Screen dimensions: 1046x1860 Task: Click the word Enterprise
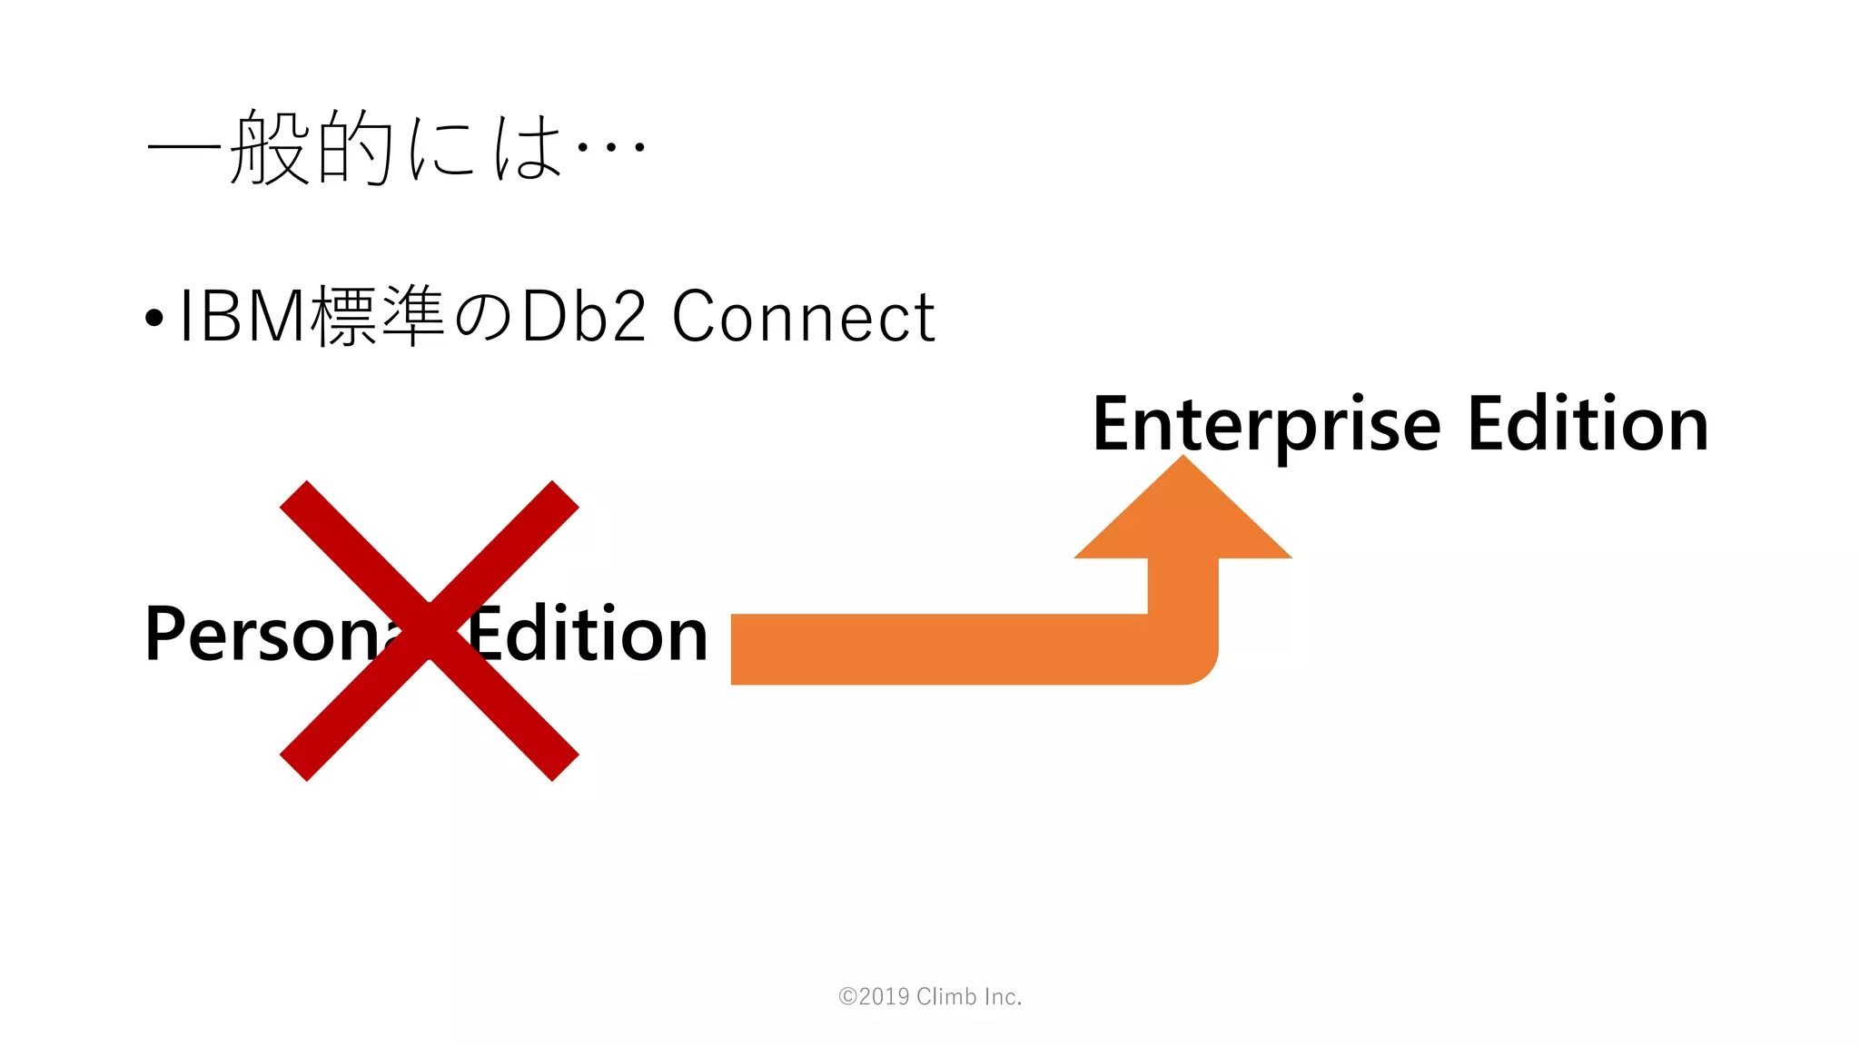pyautogui.click(x=1266, y=425)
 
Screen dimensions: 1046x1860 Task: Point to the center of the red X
pyautogui.click(x=429, y=630)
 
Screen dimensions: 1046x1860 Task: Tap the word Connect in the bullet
pyautogui.click(x=803, y=317)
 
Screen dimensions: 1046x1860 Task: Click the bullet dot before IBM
pyautogui.click(x=154, y=318)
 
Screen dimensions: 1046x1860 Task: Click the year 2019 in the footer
pyautogui.click(x=884, y=997)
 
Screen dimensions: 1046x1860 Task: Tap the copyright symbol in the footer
pyautogui.click(x=847, y=997)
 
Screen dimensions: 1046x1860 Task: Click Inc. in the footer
pyautogui.click(x=1003, y=997)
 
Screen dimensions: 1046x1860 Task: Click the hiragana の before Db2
pyautogui.click(x=483, y=318)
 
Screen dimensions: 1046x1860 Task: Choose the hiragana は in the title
pyautogui.click(x=527, y=147)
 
